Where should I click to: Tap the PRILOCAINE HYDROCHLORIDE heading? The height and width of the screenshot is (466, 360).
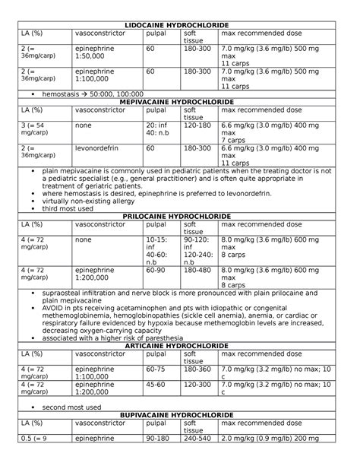pos(181,217)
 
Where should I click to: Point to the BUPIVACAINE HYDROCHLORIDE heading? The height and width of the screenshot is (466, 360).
pos(181,415)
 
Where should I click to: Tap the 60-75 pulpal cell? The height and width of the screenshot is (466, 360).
pos(155,369)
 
